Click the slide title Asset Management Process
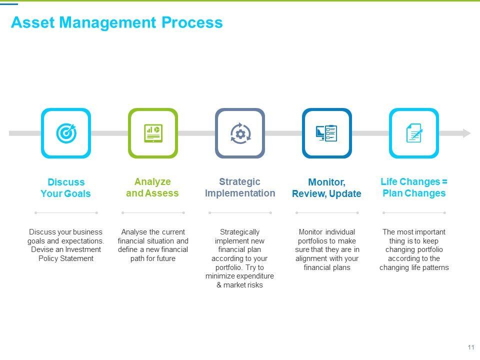[x=116, y=22]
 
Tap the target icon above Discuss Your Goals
[x=66, y=133]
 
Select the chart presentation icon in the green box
[x=153, y=133]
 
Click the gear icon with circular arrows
[x=240, y=133]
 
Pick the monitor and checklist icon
[x=327, y=133]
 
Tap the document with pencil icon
[x=414, y=133]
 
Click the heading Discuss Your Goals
[x=65, y=188]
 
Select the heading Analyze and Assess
[x=152, y=187]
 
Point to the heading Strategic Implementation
[x=240, y=187]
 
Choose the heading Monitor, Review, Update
[x=326, y=188]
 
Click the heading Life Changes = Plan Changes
[x=414, y=187]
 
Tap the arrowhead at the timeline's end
[x=466, y=133]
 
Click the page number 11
[x=470, y=347]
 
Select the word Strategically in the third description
[x=240, y=232]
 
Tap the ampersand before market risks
[x=219, y=285]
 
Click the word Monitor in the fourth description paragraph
[x=310, y=232]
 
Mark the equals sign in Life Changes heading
[x=445, y=182]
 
